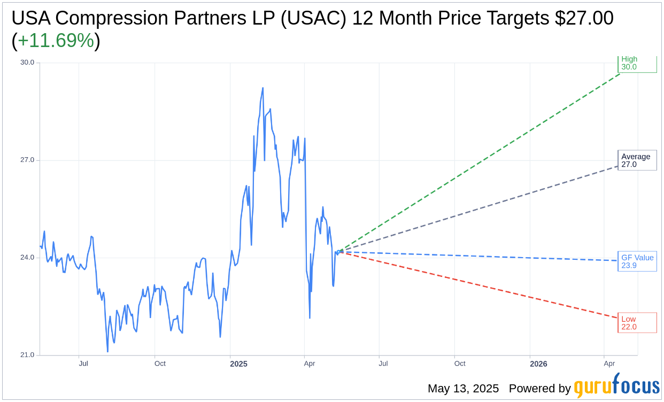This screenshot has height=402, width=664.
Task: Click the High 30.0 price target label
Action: coord(636,63)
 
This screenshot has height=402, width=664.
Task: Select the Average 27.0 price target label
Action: coord(636,160)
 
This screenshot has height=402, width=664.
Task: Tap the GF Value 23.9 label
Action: coord(637,261)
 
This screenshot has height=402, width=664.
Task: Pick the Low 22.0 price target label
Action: coord(636,323)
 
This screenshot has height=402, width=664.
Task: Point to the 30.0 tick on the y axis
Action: coord(27,63)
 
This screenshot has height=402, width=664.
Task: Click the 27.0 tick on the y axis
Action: coord(27,160)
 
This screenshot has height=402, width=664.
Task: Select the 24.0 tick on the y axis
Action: coord(27,258)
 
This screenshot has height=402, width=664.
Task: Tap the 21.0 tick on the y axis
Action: coord(27,355)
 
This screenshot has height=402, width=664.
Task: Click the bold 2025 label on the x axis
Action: coord(238,364)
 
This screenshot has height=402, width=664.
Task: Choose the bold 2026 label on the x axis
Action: coord(538,364)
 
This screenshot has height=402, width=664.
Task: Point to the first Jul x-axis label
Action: coord(83,364)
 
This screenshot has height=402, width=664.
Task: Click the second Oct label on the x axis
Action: coord(460,364)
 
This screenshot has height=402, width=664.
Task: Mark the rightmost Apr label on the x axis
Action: coord(609,364)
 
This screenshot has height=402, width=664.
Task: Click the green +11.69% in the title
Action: coord(56,41)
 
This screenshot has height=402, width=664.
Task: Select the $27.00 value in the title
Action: coord(584,18)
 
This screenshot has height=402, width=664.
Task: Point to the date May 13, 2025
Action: coord(463,389)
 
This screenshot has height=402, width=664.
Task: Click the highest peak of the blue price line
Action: coord(262,88)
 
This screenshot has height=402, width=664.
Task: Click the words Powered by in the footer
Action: coord(539,389)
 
